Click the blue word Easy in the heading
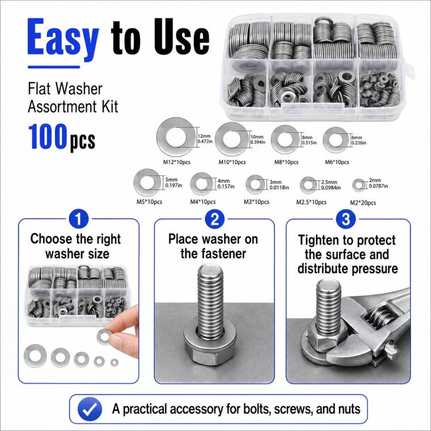[x=63, y=39]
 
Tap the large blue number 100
[x=48, y=137]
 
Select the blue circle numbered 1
[x=79, y=220]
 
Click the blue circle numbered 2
[x=215, y=220]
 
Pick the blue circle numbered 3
[x=346, y=220]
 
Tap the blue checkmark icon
[x=90, y=409]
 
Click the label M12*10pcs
[x=177, y=162]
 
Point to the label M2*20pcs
[x=363, y=203]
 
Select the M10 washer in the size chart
[x=232, y=139]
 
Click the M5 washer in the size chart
[x=148, y=183]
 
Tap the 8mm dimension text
[x=307, y=137]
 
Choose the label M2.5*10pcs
[x=311, y=202]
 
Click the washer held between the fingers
[x=104, y=336]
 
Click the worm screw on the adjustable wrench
[x=379, y=315]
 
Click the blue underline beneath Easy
[x=54, y=67]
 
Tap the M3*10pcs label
[x=256, y=202]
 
